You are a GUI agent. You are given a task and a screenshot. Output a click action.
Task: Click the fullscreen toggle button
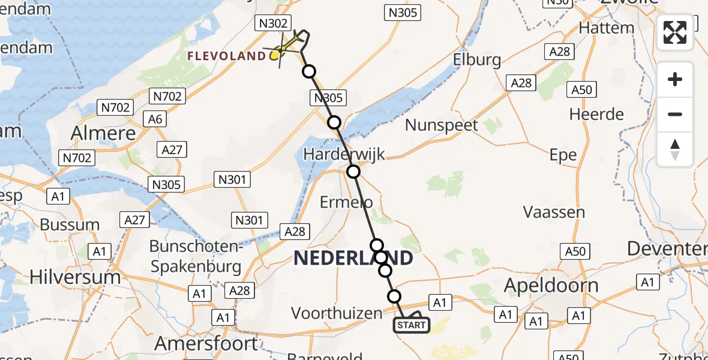point(675,32)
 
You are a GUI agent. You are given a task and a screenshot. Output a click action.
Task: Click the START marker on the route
point(411,325)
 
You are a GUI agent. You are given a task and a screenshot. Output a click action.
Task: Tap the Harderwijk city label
point(344,154)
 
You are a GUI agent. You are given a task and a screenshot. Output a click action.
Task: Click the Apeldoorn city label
point(551,286)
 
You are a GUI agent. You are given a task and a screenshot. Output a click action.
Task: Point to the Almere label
point(103,133)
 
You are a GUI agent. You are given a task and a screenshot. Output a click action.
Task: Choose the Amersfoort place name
point(206,344)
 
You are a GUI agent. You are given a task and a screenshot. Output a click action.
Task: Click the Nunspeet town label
point(442,125)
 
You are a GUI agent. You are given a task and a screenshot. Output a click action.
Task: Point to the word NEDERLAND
point(353,259)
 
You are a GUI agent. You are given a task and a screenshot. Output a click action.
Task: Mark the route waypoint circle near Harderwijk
point(353,172)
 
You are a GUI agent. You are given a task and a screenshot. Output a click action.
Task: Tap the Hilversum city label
point(75,277)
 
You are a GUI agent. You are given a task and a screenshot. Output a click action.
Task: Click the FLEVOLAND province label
point(226,56)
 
